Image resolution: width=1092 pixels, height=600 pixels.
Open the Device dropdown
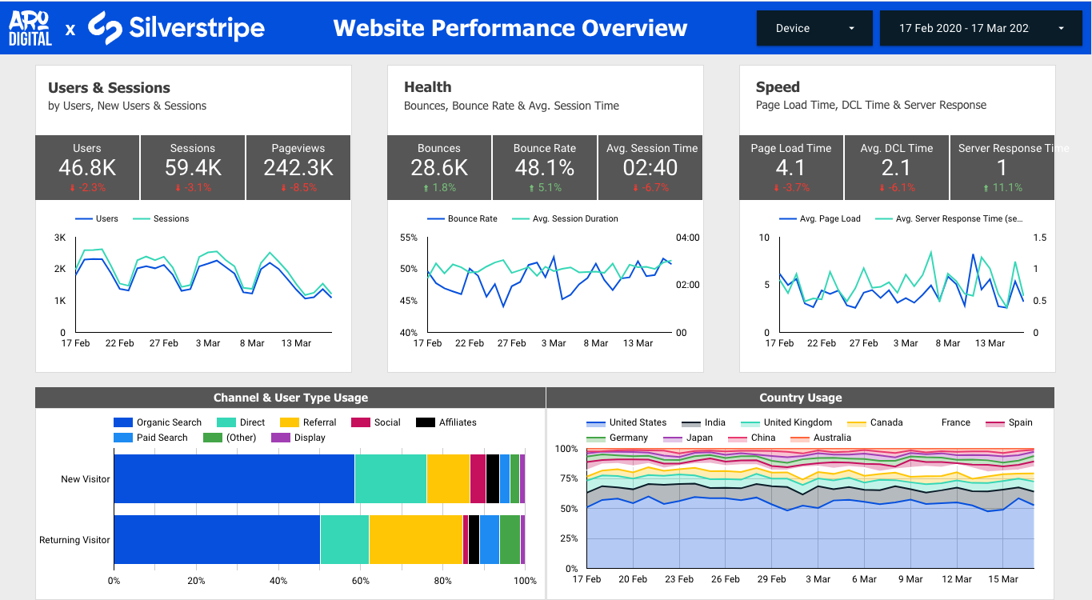[x=814, y=28]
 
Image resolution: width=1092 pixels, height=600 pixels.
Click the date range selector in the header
[x=981, y=28]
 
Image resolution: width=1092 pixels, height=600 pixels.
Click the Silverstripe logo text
[x=196, y=28]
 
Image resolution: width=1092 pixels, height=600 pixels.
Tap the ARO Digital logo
[x=30, y=28]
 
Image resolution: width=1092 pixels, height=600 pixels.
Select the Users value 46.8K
[x=87, y=167]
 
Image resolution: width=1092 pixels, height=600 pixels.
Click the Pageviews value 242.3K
[x=298, y=167]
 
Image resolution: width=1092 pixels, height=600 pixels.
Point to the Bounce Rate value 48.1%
[x=544, y=167]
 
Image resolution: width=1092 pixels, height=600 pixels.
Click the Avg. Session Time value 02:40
[x=650, y=167]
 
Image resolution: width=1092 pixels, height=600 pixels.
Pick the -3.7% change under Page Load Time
[x=790, y=188]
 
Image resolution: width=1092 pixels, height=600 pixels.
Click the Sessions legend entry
[x=170, y=218]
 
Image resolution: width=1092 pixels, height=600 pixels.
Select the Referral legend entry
[x=318, y=422]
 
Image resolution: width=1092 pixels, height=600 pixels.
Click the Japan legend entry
[x=698, y=438]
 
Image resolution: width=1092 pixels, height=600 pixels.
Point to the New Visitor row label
[x=85, y=479]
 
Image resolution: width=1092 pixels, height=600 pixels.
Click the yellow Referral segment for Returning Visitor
[x=415, y=539]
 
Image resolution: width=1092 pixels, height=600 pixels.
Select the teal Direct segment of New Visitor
[x=390, y=478]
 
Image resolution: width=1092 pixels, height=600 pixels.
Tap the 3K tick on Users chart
[x=60, y=238]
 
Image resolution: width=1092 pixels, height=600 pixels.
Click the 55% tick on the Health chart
[x=408, y=238]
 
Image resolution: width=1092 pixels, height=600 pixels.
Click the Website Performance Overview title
[x=510, y=28]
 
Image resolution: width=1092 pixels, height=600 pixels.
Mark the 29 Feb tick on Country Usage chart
[x=771, y=579]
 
